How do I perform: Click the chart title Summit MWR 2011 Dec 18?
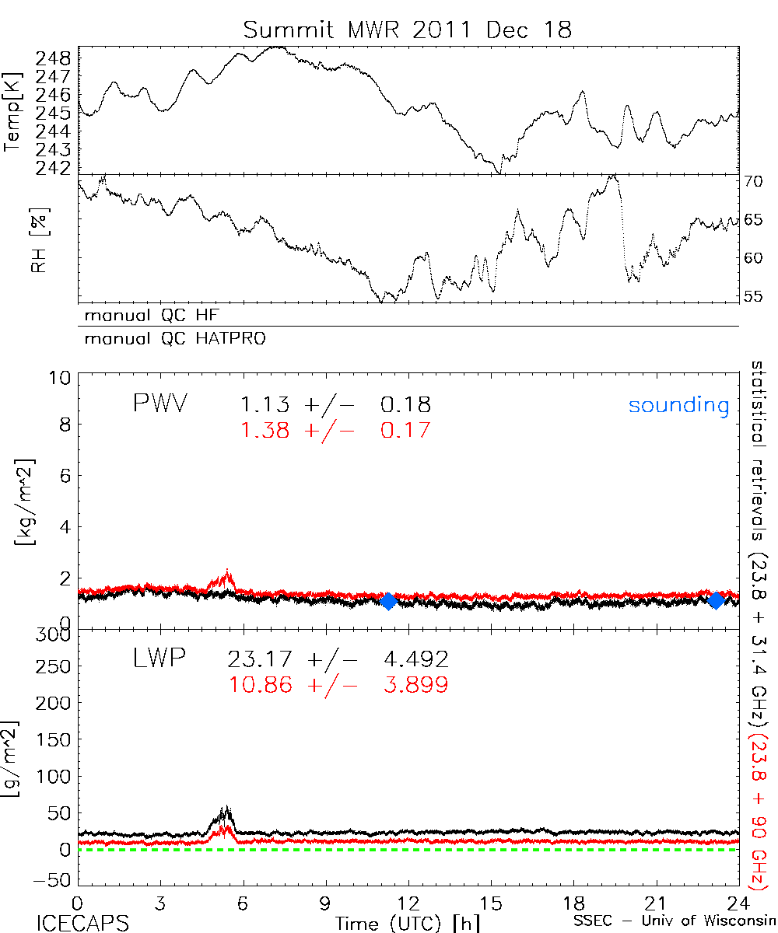point(407,30)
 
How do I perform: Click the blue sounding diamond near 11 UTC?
point(389,600)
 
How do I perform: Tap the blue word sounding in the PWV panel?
point(678,405)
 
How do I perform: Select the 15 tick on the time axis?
point(490,902)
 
